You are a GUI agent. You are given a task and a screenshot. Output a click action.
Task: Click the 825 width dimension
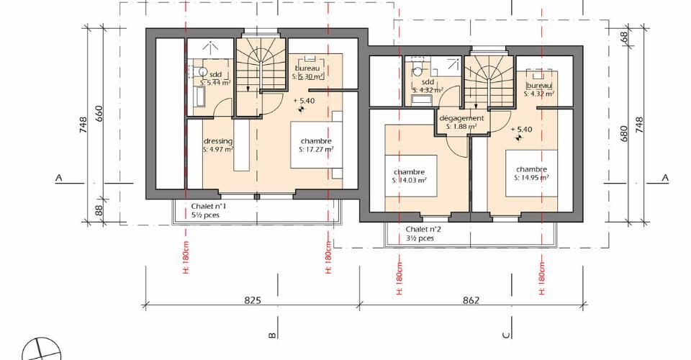[x=253, y=300]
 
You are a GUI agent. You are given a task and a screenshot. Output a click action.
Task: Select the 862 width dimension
[x=471, y=300]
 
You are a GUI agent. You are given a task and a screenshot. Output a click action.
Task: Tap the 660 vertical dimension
[x=99, y=114]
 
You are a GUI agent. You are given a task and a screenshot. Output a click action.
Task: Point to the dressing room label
[x=218, y=141]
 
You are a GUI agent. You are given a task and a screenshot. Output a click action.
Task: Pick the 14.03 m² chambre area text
[x=409, y=180]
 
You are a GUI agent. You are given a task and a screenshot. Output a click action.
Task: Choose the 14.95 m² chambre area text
[x=531, y=178]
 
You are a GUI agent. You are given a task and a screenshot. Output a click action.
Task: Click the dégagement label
[x=461, y=118]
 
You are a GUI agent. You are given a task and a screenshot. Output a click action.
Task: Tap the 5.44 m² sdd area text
[x=215, y=82]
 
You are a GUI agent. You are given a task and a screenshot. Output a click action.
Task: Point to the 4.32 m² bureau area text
[x=539, y=94]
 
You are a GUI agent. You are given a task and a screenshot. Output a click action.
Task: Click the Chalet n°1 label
[x=209, y=206]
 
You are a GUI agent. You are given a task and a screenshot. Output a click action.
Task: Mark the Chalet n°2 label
[x=423, y=229]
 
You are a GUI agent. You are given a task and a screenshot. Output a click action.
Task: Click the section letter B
[x=272, y=336]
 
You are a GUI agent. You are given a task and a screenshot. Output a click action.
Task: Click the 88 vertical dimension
[x=99, y=210]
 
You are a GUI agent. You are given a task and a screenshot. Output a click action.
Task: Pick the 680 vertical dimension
[x=623, y=133]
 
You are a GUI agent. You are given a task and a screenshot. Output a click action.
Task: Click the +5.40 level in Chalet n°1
[x=304, y=101]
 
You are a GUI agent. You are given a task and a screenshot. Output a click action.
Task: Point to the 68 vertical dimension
[x=623, y=37]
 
